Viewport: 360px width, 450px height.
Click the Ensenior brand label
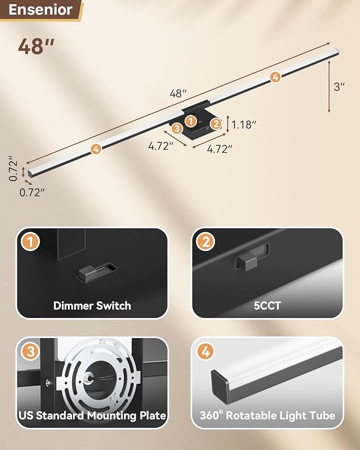pyautogui.click(x=41, y=10)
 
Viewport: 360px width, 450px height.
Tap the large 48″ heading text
pyautogui.click(x=37, y=47)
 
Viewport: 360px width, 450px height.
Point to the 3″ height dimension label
pyautogui.click(x=339, y=86)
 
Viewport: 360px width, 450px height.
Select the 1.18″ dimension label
pyautogui.click(x=244, y=125)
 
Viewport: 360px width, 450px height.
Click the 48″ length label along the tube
pyautogui.click(x=178, y=93)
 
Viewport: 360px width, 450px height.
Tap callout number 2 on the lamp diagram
pyautogui.click(x=215, y=124)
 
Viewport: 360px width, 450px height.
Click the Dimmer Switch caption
pyautogui.click(x=92, y=305)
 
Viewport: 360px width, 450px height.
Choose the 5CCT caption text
pyautogui.click(x=267, y=305)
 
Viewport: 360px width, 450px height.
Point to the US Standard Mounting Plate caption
pyautogui.click(x=92, y=416)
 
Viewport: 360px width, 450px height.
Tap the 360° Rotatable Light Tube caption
pyautogui.click(x=267, y=416)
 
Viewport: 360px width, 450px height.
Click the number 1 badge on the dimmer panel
pyautogui.click(x=30, y=242)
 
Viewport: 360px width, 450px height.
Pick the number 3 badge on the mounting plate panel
pyautogui.click(x=30, y=351)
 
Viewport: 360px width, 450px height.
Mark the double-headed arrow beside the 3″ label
pyautogui.click(x=330, y=86)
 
